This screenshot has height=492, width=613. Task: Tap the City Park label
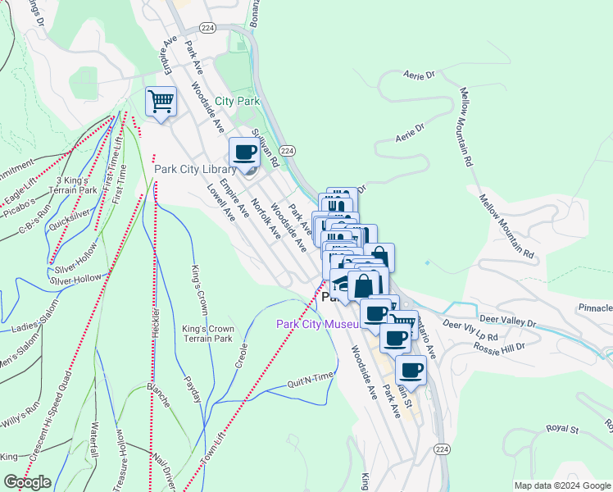tap(237, 102)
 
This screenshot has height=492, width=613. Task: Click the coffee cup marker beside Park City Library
tap(244, 153)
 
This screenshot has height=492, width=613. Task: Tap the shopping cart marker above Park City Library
tap(161, 102)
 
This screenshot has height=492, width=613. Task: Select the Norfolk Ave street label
tap(266, 219)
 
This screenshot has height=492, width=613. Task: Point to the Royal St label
tap(562, 429)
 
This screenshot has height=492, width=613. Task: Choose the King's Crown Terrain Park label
tap(207, 333)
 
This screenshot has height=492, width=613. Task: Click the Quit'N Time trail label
tap(311, 377)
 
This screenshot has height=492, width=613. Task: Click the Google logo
tap(27, 482)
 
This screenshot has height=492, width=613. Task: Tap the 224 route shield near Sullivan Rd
tap(287, 151)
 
